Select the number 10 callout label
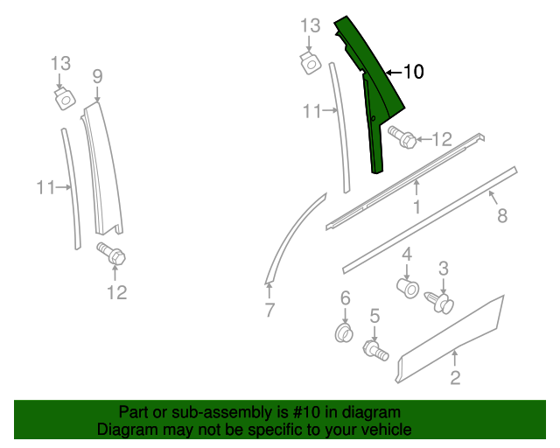coord(413,73)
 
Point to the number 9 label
coord(97,76)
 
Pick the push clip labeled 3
coord(442,302)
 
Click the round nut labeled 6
coord(345,332)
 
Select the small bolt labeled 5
coord(376,350)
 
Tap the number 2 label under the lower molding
coord(455,378)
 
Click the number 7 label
coord(269,309)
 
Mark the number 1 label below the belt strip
coord(416,207)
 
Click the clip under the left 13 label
coord(63,97)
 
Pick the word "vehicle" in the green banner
coord(386,430)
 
